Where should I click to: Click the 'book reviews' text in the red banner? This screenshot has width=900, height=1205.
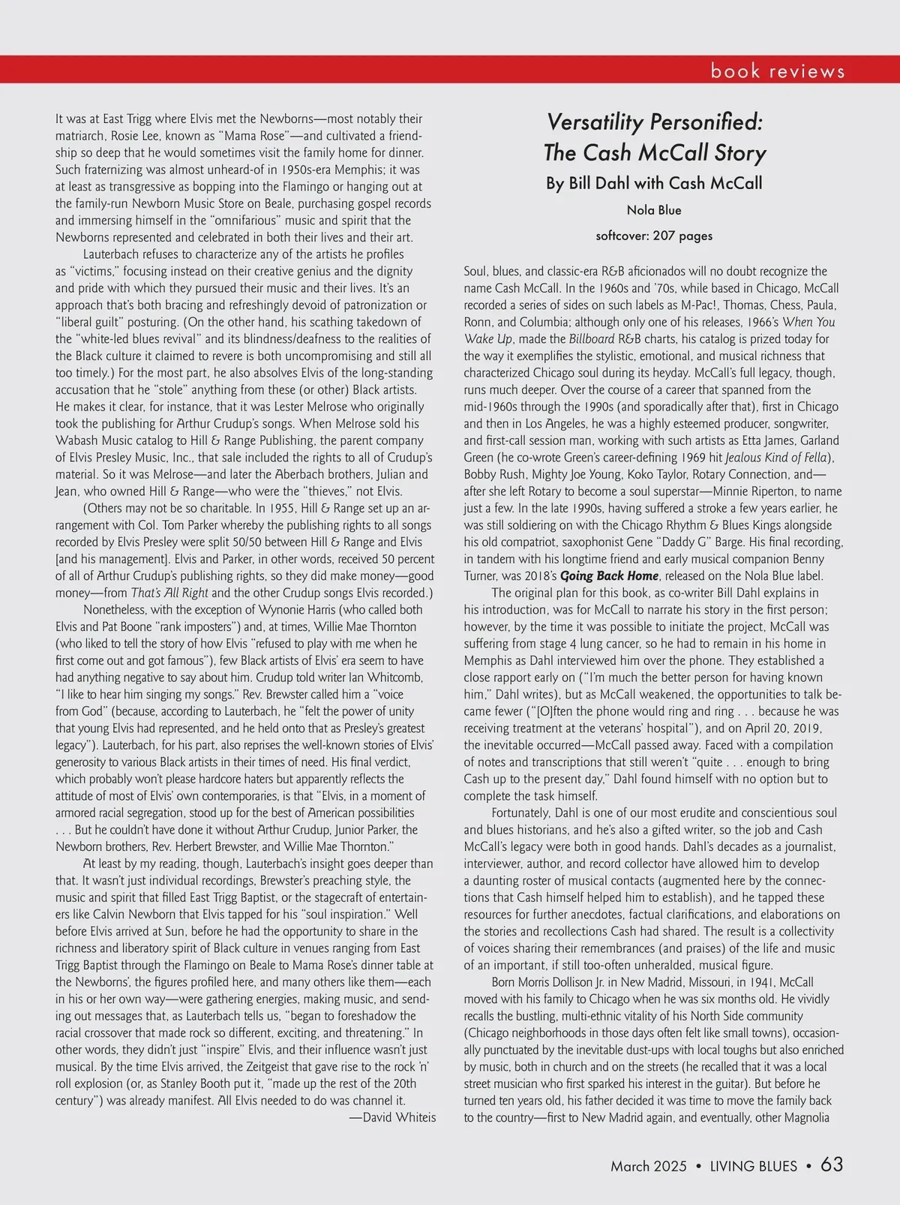pyautogui.click(x=778, y=71)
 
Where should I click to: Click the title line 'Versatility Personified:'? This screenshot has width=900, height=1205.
pyautogui.click(x=654, y=122)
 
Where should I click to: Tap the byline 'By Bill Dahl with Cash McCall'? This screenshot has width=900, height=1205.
pyautogui.click(x=654, y=183)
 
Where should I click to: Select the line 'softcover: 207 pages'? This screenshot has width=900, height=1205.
pyautogui.click(x=654, y=236)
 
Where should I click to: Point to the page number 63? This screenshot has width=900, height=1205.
pyautogui.click(x=832, y=1164)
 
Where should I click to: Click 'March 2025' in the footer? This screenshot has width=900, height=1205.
pyautogui.click(x=649, y=1166)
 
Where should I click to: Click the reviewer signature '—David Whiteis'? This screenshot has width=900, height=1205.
pyautogui.click(x=392, y=1118)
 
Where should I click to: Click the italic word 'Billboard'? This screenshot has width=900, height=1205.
pyautogui.click(x=592, y=339)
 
